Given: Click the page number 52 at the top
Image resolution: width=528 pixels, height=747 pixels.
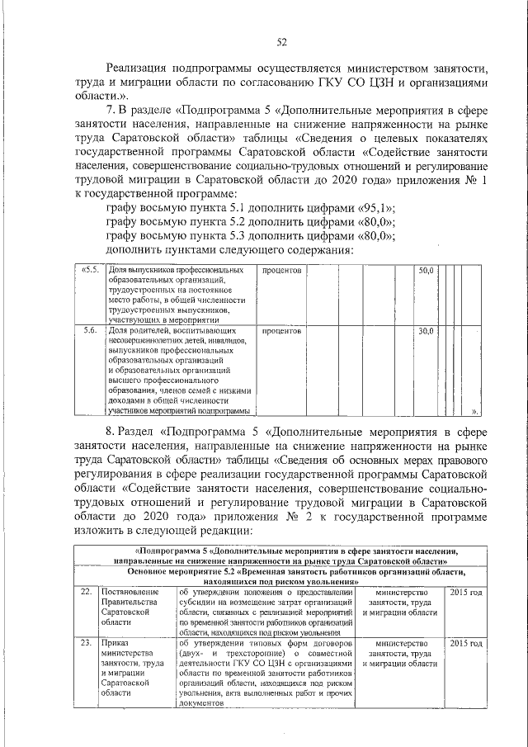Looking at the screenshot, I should click(280, 41).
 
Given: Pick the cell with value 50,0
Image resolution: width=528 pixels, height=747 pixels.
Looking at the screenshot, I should click(425, 270).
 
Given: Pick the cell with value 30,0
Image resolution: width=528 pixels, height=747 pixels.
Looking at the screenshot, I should click(425, 330).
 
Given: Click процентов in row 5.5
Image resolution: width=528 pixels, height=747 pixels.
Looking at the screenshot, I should click(282, 270).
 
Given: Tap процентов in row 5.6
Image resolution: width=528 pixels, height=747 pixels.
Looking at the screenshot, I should click(282, 330).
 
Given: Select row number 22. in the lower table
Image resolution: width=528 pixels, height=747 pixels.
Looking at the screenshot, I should click(85, 593).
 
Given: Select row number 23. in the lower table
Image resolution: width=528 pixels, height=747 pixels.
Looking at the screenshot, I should click(85, 643).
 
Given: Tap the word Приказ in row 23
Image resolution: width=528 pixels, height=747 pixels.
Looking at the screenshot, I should click(115, 643).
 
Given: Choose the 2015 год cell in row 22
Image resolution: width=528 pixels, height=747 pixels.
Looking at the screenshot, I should click(466, 593).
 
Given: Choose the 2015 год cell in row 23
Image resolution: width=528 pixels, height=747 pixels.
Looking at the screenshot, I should click(466, 643).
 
